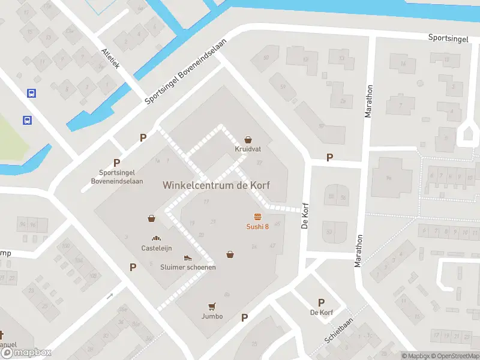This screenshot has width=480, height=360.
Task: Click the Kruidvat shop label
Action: [x=247, y=149]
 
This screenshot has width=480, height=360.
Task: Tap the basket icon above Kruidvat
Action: [x=247, y=139]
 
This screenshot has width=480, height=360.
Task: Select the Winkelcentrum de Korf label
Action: [x=216, y=185]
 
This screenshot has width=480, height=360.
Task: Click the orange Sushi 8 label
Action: [x=257, y=226]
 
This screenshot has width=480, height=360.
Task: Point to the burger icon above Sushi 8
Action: [x=257, y=217]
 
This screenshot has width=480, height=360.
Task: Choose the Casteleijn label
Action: [x=157, y=248]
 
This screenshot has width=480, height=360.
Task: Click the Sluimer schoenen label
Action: [x=188, y=267]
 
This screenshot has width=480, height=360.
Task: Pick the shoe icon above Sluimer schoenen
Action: [x=188, y=257]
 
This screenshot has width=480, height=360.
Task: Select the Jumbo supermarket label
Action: [x=212, y=316]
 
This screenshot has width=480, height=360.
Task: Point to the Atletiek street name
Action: [x=110, y=59]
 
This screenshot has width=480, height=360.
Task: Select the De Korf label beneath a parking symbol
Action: [x=321, y=313]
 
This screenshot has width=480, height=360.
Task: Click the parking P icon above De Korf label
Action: [x=321, y=303]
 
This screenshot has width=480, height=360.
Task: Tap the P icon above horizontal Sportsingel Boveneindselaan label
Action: [x=116, y=163]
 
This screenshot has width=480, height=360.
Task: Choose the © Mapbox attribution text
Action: [x=415, y=356]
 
